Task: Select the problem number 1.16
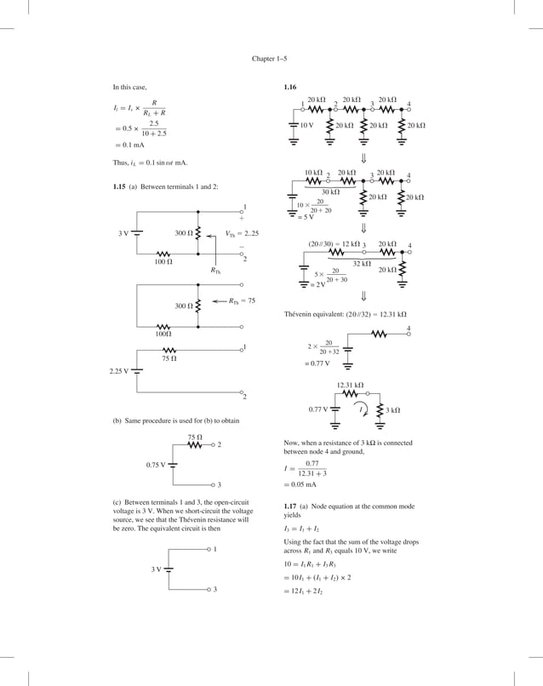point(290,88)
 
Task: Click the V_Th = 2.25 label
point(242,232)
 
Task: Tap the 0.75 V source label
point(156,465)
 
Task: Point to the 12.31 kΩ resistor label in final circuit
point(350,386)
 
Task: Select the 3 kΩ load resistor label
point(392,410)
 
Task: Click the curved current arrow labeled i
point(363,410)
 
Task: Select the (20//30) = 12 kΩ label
point(334,244)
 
